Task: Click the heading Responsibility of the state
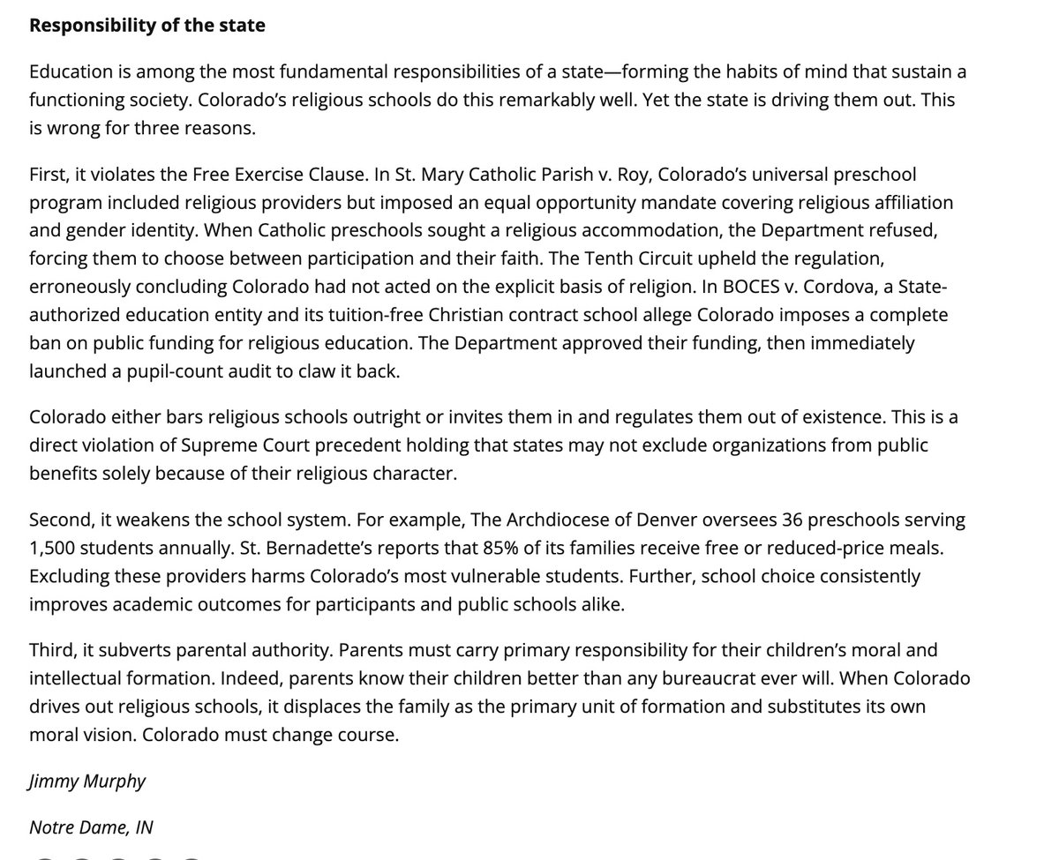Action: coord(147,25)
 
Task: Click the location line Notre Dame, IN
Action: coord(91,827)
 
